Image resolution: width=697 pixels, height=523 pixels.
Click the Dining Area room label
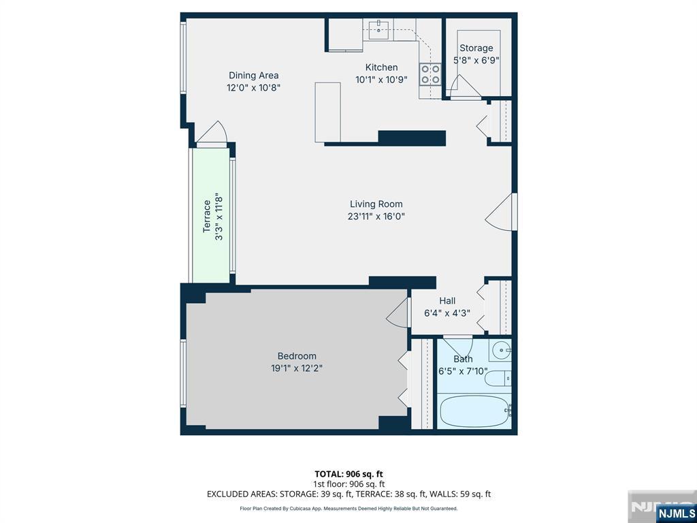click(x=253, y=76)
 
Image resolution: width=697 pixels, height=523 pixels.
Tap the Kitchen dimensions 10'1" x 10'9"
click(x=381, y=80)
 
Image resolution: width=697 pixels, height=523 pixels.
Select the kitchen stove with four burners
click(x=430, y=74)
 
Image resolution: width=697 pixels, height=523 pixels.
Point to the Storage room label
click(x=476, y=48)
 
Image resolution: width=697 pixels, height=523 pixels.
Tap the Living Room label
click(x=376, y=204)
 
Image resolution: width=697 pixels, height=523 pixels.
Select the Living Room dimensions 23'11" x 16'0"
click(x=376, y=217)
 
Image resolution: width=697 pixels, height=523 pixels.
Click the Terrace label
click(x=207, y=216)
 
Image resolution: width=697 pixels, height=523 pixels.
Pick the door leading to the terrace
click(x=212, y=133)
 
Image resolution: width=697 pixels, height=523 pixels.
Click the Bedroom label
click(x=297, y=355)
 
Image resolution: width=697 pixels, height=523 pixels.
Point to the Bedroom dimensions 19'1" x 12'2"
click(x=297, y=368)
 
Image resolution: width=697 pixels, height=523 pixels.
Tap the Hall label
click(x=447, y=300)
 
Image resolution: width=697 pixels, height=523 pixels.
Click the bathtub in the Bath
click(x=474, y=411)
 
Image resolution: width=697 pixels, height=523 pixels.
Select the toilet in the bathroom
click(x=498, y=379)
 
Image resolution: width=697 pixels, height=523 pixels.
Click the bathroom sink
click(x=502, y=350)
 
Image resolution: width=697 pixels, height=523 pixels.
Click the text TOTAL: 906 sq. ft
click(x=348, y=474)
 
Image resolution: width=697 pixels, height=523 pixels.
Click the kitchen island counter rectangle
click(x=327, y=112)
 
